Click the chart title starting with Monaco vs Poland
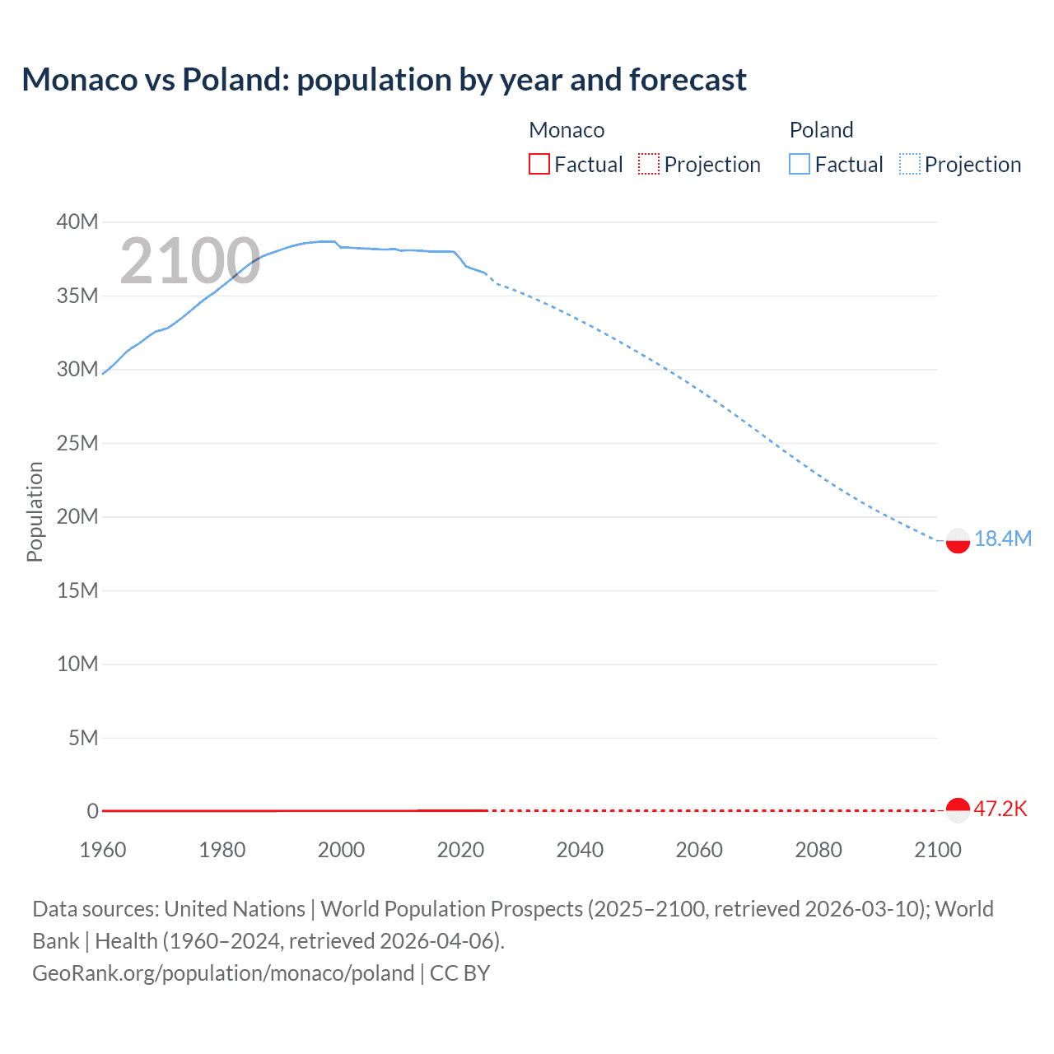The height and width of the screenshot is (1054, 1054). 384,80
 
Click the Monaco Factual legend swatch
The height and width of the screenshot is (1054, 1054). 539,164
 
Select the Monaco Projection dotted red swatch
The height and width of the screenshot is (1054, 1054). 649,164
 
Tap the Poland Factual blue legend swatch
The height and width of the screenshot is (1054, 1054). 799,164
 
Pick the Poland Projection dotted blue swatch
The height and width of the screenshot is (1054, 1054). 910,164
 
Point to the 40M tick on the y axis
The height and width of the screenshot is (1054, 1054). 77,222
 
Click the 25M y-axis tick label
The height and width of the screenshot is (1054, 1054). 77,443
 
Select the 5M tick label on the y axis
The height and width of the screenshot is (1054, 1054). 83,738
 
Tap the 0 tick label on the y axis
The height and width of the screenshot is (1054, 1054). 92,811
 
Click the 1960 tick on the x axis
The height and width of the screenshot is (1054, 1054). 103,850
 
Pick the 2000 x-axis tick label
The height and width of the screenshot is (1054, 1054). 341,850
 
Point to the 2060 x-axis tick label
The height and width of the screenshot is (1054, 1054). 699,850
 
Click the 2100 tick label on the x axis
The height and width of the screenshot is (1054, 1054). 937,850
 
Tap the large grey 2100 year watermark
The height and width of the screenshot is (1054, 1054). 190,262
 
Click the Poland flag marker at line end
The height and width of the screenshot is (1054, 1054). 958,540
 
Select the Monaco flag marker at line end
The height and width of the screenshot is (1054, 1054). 958,810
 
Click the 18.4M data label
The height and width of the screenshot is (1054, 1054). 1002,539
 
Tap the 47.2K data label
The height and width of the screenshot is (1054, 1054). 1000,809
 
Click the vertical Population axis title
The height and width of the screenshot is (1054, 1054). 35,511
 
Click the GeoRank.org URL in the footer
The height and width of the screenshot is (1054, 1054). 223,972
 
